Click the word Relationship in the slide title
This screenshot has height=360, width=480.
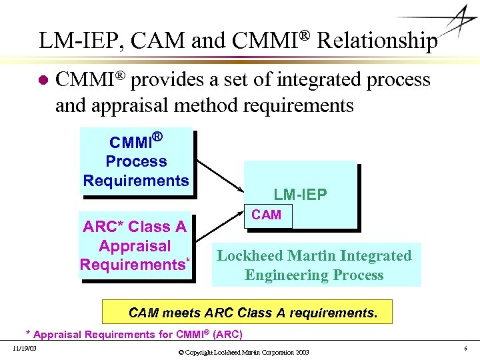click(x=377, y=41)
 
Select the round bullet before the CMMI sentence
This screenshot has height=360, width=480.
click(x=43, y=81)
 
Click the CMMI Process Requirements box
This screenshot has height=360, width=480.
click(x=136, y=161)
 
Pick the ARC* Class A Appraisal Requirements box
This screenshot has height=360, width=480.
click(x=135, y=245)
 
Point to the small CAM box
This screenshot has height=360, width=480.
click(x=267, y=215)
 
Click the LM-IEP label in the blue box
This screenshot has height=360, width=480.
click(x=300, y=195)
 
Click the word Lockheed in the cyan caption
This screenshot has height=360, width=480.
click(x=247, y=255)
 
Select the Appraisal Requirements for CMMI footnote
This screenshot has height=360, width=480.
click(x=133, y=334)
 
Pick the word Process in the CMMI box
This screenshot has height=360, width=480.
click(x=136, y=161)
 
